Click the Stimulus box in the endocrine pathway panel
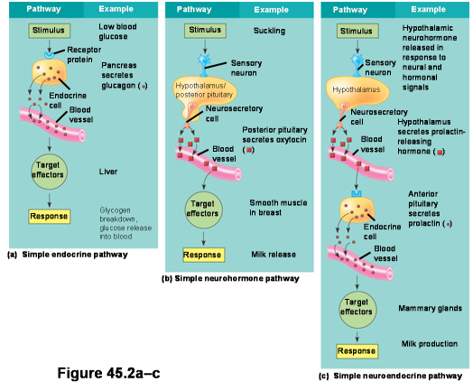point(50,31)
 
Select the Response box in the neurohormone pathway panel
point(204,255)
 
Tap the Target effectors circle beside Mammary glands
point(357,310)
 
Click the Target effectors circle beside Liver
point(49,172)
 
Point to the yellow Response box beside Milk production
point(357,351)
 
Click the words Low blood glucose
point(117,32)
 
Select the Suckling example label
point(269,31)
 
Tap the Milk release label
point(274,255)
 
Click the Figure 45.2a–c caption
point(108,373)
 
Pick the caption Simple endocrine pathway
point(75,255)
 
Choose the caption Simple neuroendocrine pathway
point(397,376)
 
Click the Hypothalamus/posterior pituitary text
point(204,90)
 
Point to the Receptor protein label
point(84,54)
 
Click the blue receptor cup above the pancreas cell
point(49,55)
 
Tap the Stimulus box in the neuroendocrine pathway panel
point(357,31)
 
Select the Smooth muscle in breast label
point(278,208)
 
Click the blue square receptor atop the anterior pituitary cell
point(357,193)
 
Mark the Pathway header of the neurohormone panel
point(194,10)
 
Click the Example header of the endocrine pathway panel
point(116,9)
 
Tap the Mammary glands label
point(431,308)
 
